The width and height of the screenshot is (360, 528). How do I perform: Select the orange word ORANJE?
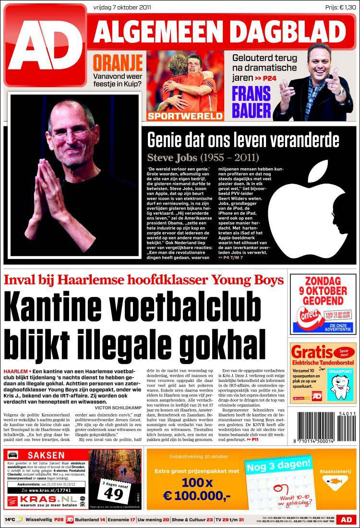click(x=118, y=63)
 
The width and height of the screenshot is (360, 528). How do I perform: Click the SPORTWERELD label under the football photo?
click(x=185, y=116)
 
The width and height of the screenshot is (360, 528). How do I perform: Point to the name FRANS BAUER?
click(x=252, y=101)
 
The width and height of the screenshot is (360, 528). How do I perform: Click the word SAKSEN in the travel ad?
click(x=46, y=455)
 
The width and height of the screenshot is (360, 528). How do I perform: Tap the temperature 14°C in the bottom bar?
click(x=11, y=520)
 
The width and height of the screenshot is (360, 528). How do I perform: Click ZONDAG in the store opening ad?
click(x=323, y=281)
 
